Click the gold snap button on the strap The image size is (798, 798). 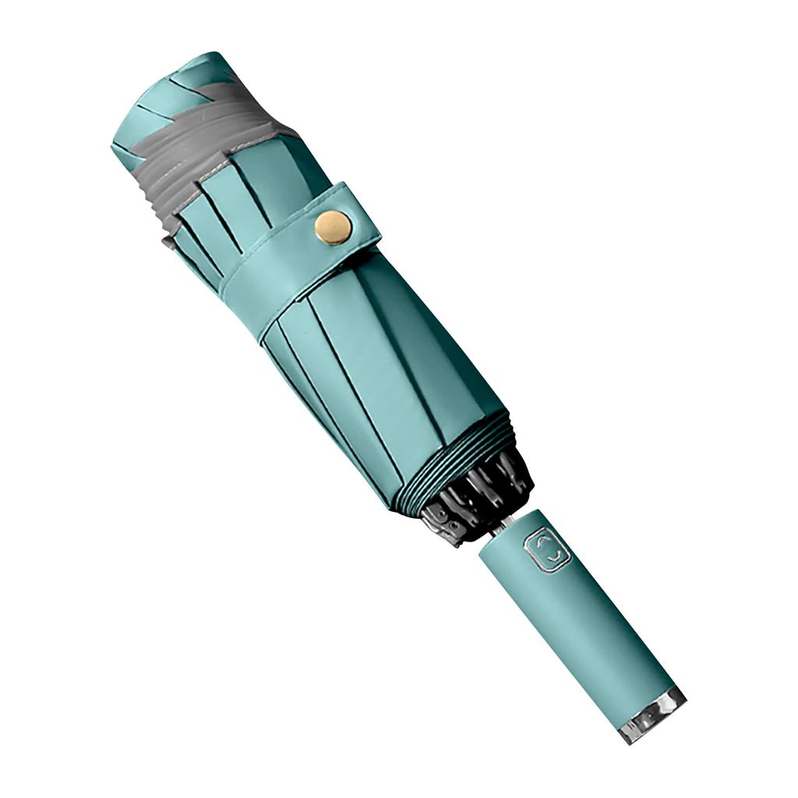tap(333, 227)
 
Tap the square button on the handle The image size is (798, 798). tap(549, 550)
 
